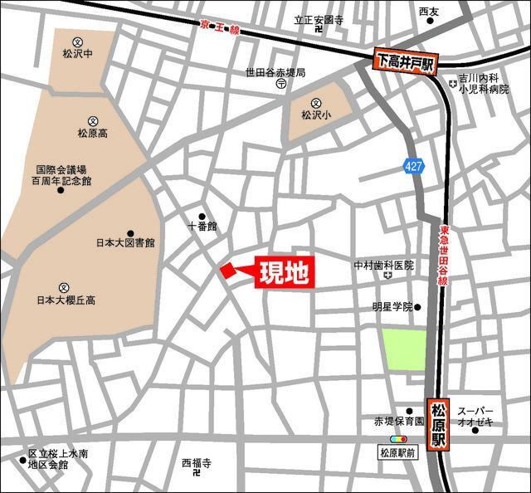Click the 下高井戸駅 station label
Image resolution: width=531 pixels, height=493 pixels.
[x=405, y=61]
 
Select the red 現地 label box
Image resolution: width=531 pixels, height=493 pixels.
[x=283, y=273]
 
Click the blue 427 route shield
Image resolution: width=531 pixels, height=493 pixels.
[x=414, y=166]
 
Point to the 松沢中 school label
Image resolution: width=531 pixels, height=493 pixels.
[x=78, y=59]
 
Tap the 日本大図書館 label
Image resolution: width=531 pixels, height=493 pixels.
[x=124, y=244]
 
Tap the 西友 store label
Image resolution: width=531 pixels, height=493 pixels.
[x=428, y=12]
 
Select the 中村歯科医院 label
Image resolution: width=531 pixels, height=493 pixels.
[x=383, y=266]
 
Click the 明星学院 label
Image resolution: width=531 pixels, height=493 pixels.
[x=392, y=306]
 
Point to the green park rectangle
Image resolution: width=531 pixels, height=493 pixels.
[x=404, y=349]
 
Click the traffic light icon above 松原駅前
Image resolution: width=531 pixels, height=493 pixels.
[x=398, y=439]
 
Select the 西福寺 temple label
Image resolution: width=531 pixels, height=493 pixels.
[x=197, y=462]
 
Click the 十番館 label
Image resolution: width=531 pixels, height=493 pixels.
[x=202, y=226]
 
